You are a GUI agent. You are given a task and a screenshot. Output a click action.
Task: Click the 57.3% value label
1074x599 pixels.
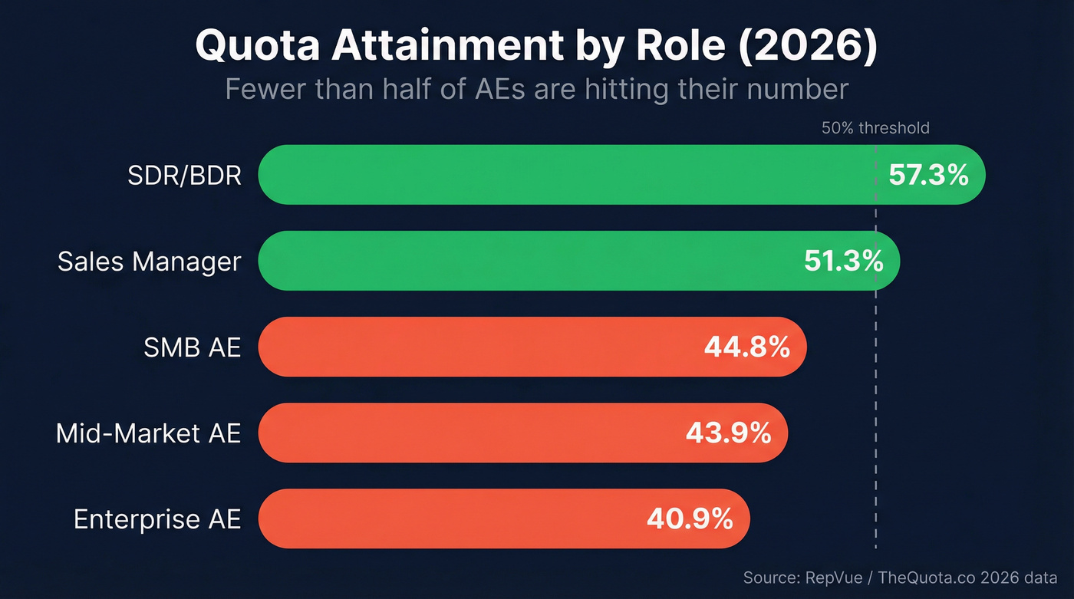coord(928,176)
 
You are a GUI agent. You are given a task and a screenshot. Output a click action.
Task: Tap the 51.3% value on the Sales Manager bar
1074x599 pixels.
coord(844,262)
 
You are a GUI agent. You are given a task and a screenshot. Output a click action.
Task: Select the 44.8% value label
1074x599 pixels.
coord(747,347)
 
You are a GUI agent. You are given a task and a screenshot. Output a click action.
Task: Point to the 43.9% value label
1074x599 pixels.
coord(728,433)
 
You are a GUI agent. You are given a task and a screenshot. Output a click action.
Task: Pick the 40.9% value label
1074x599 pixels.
coord(690,519)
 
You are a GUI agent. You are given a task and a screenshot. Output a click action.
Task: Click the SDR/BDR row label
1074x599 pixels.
coord(184,176)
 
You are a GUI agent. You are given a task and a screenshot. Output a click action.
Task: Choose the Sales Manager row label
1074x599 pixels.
coord(149,262)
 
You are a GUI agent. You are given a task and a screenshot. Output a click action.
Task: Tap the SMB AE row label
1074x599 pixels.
coord(192,347)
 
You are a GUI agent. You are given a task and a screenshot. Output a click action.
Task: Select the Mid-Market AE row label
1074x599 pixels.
coord(148,433)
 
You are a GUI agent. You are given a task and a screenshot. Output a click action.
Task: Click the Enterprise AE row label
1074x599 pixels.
coord(157,519)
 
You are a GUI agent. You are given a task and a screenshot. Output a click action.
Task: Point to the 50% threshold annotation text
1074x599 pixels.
coord(875,128)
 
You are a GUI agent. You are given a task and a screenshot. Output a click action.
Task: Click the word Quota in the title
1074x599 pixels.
coord(257,47)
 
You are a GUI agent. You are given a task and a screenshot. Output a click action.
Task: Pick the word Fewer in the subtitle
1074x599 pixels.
coord(265,89)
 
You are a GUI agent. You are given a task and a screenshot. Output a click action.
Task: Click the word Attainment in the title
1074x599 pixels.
coord(447,47)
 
